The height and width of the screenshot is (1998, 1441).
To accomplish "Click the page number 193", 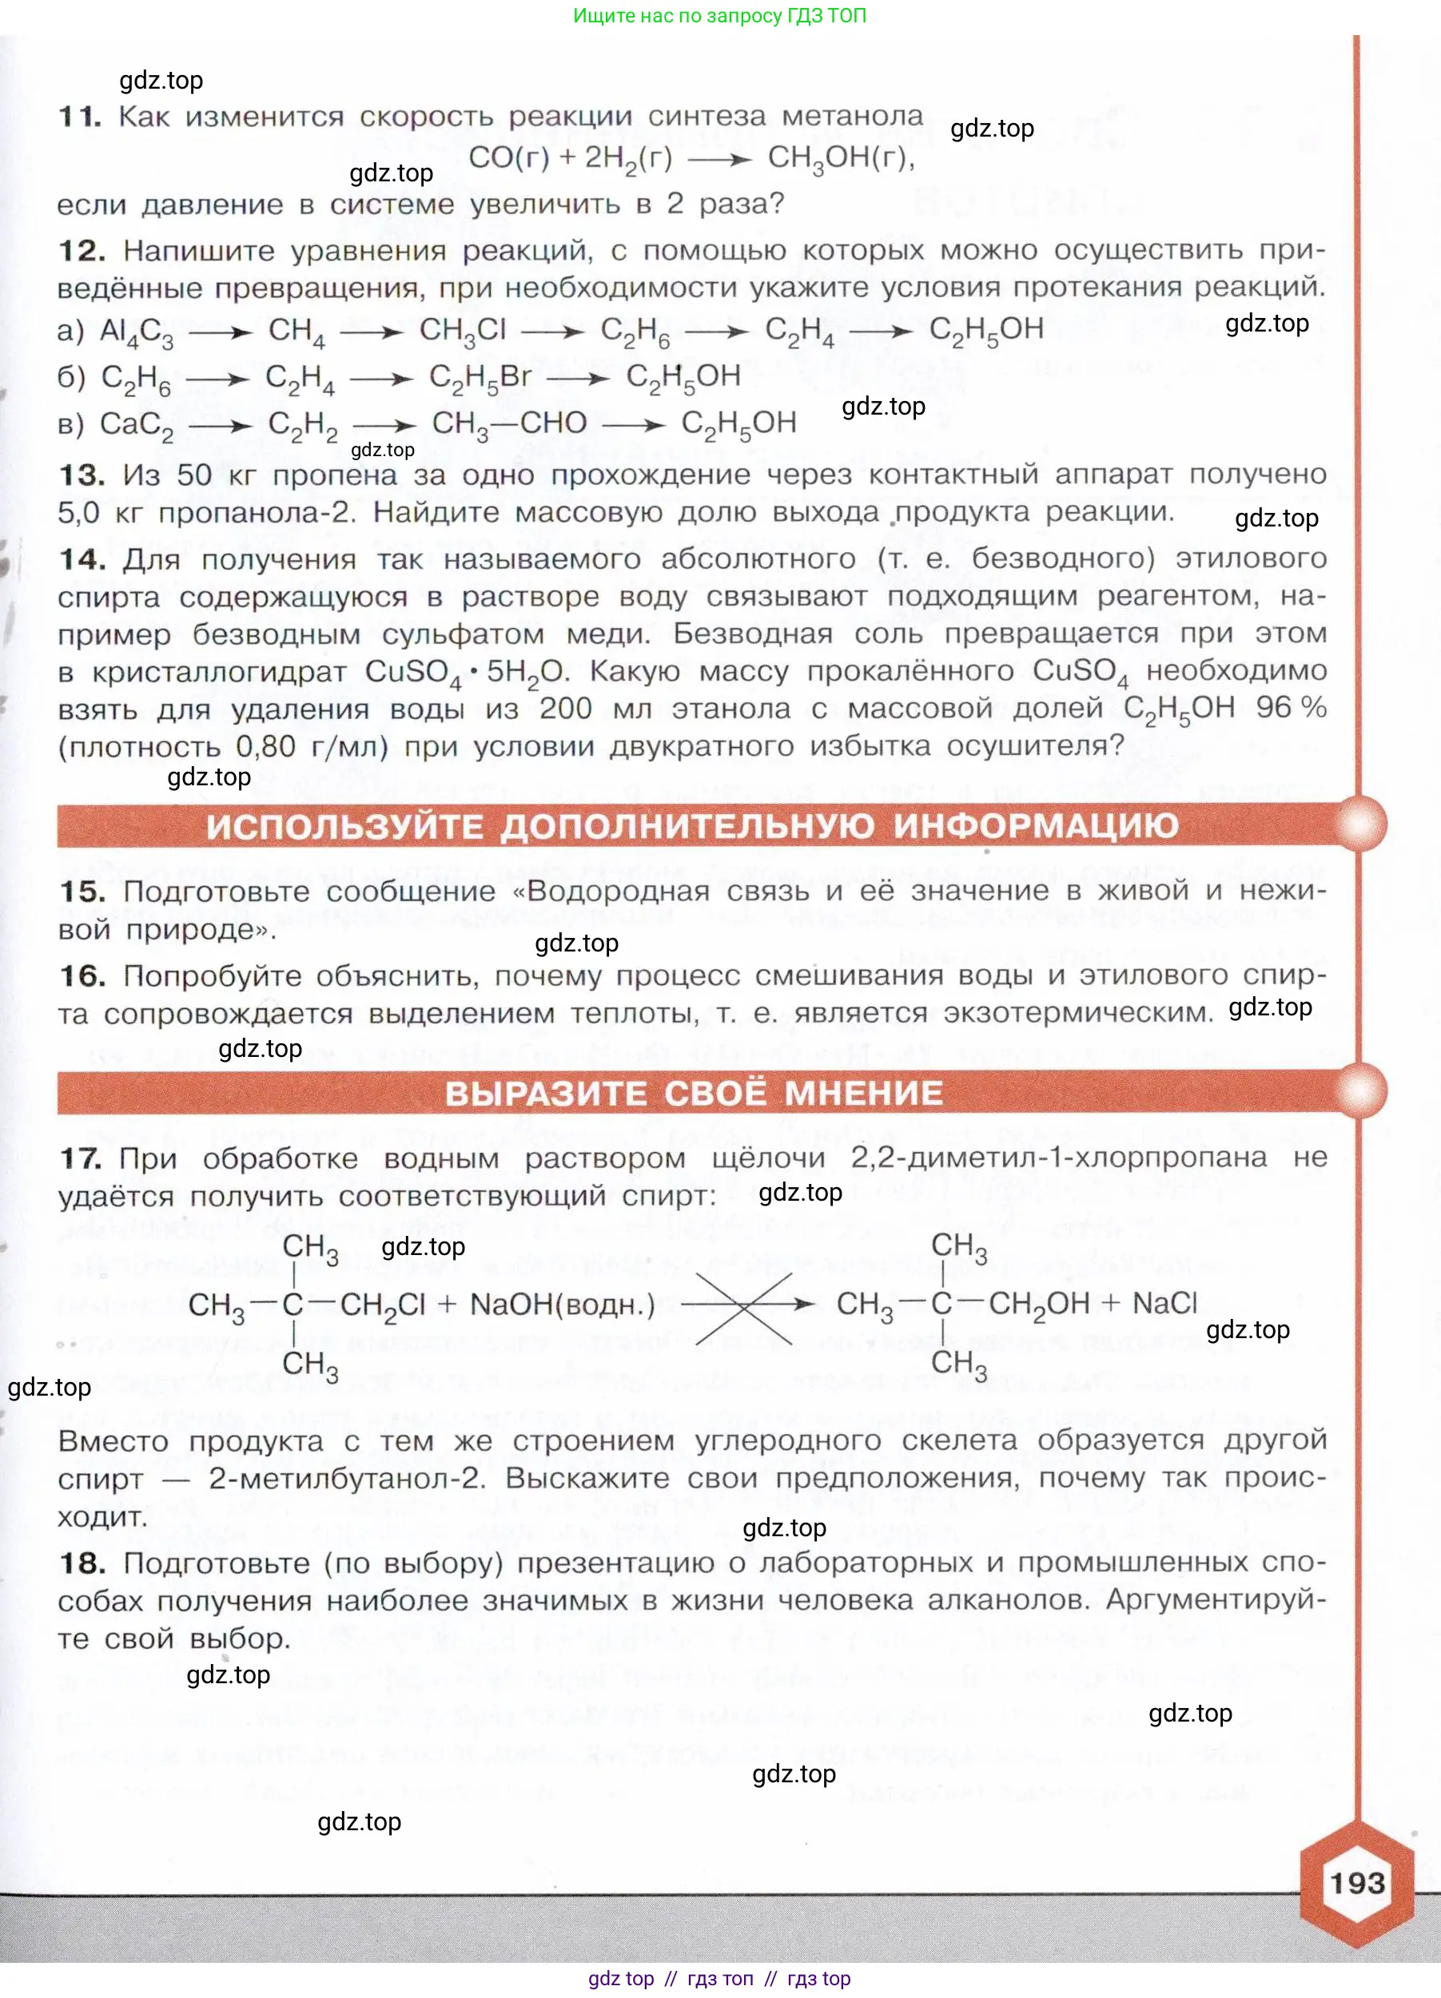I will pyautogui.click(x=1357, y=1883).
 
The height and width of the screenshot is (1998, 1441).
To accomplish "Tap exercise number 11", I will pyautogui.click(x=80, y=117).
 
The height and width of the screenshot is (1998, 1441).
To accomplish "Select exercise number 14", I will pyautogui.click(x=82, y=558).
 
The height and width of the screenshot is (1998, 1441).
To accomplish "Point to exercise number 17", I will pyautogui.click(x=80, y=1158).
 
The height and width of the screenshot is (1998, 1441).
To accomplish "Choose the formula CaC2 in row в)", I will pyautogui.click(x=137, y=425).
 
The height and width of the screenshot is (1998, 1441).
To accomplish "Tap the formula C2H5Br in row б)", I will pyautogui.click(x=480, y=378).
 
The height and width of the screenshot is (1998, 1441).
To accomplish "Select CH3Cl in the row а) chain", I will pyautogui.click(x=463, y=332).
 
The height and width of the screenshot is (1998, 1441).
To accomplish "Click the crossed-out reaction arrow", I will pyautogui.click(x=746, y=1305).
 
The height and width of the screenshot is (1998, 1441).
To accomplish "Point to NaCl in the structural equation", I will pyautogui.click(x=1164, y=1303).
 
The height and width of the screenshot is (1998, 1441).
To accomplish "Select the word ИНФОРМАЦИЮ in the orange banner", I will pyautogui.click(x=1036, y=826).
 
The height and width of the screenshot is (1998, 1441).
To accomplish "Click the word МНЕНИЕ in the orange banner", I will pyautogui.click(x=864, y=1093).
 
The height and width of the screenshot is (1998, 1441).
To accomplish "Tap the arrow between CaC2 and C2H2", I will pyautogui.click(x=221, y=427).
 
